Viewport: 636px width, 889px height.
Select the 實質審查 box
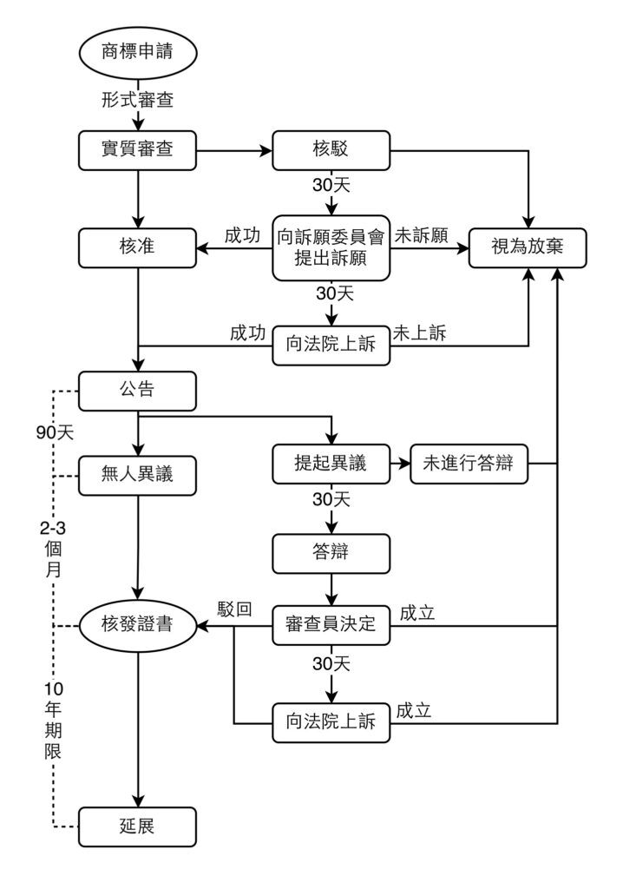(x=137, y=150)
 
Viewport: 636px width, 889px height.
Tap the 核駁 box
(x=331, y=150)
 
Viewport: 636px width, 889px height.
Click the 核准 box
(x=137, y=248)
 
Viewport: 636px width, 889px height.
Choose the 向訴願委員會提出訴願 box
(x=331, y=248)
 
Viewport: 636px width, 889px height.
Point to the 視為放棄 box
(x=528, y=248)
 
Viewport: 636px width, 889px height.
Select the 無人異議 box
(x=137, y=475)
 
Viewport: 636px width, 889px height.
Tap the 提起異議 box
(x=331, y=464)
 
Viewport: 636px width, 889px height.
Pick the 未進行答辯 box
(x=469, y=464)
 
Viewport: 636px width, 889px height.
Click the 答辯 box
(x=331, y=552)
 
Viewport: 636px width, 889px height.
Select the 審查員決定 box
(x=331, y=624)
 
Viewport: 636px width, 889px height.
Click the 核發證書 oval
(x=137, y=624)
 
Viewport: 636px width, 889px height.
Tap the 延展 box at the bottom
(x=137, y=826)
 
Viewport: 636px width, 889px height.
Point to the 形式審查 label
(x=137, y=101)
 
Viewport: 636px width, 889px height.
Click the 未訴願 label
(x=421, y=235)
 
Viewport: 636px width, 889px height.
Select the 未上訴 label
(x=419, y=333)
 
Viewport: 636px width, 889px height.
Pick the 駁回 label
(x=235, y=609)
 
